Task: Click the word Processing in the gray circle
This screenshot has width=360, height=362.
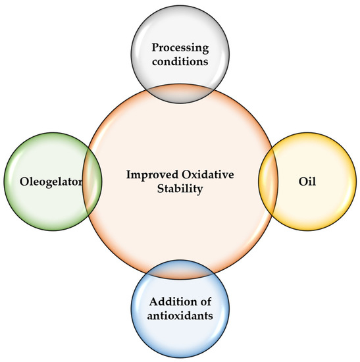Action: tap(180, 47)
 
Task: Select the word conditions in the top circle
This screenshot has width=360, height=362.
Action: tap(180, 63)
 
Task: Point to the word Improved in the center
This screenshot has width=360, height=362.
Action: tap(151, 174)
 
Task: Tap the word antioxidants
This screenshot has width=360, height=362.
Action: tap(180, 316)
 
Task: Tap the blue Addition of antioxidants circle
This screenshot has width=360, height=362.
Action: tap(180, 336)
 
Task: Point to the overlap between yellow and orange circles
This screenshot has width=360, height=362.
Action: tap(269, 180)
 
